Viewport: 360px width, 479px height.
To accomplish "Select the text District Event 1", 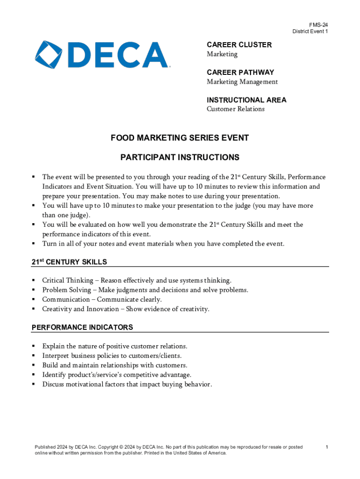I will [310, 31].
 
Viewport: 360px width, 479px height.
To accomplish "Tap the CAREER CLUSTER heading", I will [239, 45].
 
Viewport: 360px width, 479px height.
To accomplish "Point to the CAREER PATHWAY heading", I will [240, 73].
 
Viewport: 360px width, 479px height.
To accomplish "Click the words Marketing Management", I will [242, 82].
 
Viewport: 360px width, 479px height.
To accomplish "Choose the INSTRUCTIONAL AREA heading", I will [246, 100].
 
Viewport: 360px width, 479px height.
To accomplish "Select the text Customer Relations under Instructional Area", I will [236, 109].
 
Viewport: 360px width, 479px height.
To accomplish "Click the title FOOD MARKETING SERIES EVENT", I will [180, 138].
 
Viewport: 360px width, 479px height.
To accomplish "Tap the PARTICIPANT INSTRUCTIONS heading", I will [180, 157].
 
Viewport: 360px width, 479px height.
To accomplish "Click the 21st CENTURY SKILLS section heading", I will [69, 262].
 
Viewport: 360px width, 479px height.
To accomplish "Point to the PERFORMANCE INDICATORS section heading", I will [82, 327].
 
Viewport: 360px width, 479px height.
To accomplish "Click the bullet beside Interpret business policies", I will [34, 356].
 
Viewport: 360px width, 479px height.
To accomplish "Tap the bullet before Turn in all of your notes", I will [34, 243].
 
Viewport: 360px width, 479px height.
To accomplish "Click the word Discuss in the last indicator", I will [53, 385].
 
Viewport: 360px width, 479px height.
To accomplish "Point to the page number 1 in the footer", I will [327, 447].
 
